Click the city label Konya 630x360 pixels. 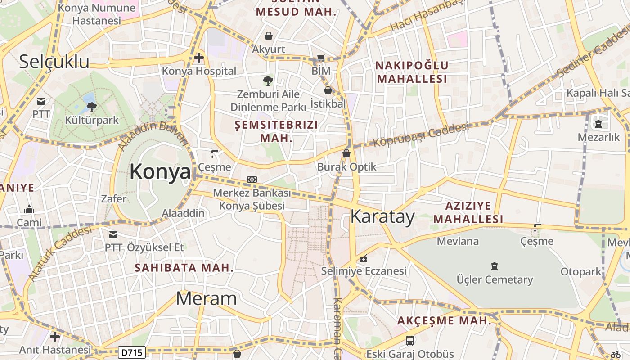tap(160, 171)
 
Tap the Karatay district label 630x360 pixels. tap(382, 217)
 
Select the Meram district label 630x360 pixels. tap(206, 298)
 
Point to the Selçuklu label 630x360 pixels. tap(54, 62)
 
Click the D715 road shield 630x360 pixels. tap(132, 352)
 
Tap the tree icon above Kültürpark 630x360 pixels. tap(92, 107)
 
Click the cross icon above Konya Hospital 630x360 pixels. tap(199, 58)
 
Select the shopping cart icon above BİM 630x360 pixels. tap(321, 58)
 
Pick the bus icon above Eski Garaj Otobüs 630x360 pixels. tap(410, 341)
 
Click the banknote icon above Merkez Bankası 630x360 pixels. tap(252, 180)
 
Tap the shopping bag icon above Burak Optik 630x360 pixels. tap(346, 153)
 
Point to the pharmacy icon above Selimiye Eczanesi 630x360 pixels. tap(364, 258)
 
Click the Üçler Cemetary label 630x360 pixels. tap(495, 279)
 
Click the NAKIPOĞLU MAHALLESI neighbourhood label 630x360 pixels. tap(412, 72)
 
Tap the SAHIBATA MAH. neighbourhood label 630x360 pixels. tap(184, 268)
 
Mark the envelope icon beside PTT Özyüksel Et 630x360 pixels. tap(113, 234)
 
